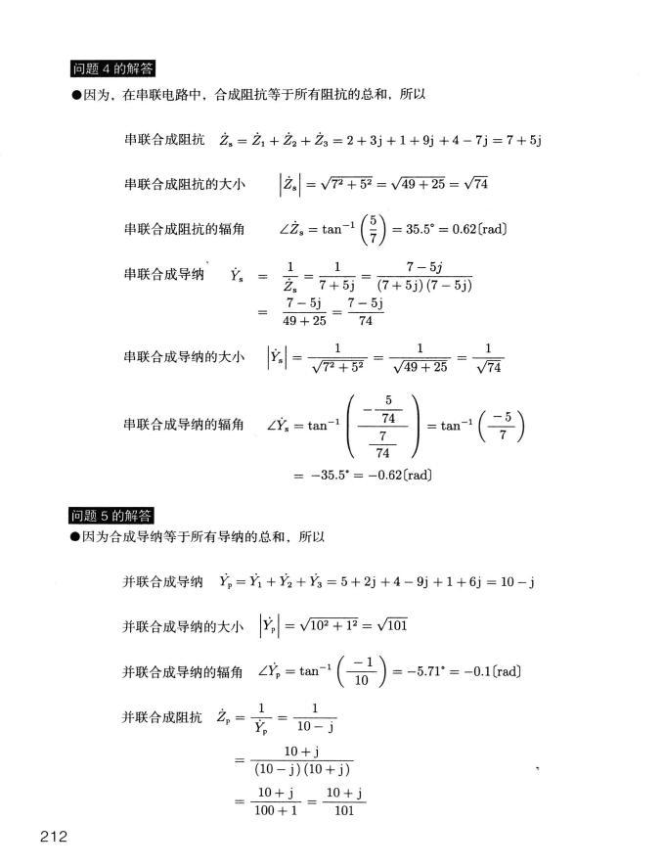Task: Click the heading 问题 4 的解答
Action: click(x=114, y=68)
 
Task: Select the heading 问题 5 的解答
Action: click(x=114, y=516)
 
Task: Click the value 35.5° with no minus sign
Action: click(x=425, y=230)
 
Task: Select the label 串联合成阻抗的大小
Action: click(x=184, y=185)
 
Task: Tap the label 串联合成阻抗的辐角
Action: click(x=184, y=230)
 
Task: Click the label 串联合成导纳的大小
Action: click(x=184, y=357)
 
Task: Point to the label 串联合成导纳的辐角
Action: click(x=184, y=425)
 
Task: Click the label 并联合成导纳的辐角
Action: click(x=183, y=671)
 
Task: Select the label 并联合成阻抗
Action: click(x=162, y=718)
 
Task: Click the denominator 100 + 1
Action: click(x=275, y=811)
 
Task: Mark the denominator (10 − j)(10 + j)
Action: click(x=301, y=769)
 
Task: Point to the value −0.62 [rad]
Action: click(x=396, y=476)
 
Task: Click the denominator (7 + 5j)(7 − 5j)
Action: click(x=424, y=286)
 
